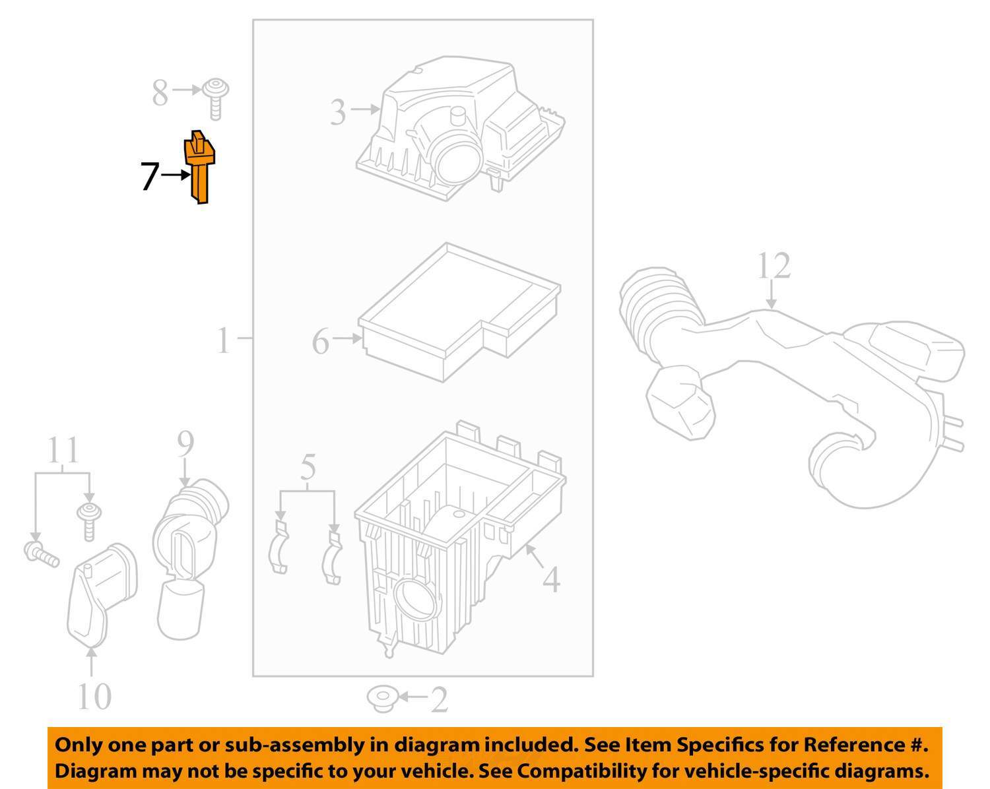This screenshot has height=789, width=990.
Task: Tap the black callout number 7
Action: click(x=150, y=177)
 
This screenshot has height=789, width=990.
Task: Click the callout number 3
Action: click(x=337, y=112)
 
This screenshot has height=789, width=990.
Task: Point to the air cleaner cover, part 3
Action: click(x=455, y=132)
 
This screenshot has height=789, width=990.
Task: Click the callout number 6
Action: click(x=320, y=342)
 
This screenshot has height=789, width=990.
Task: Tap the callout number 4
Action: click(x=551, y=579)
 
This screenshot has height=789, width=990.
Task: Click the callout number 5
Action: click(x=308, y=467)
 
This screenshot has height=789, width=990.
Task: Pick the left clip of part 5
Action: click(x=280, y=548)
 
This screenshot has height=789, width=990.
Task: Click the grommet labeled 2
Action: click(x=381, y=699)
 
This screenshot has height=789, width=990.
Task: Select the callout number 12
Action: click(x=773, y=267)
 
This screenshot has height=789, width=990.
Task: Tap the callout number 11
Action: click(x=63, y=451)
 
